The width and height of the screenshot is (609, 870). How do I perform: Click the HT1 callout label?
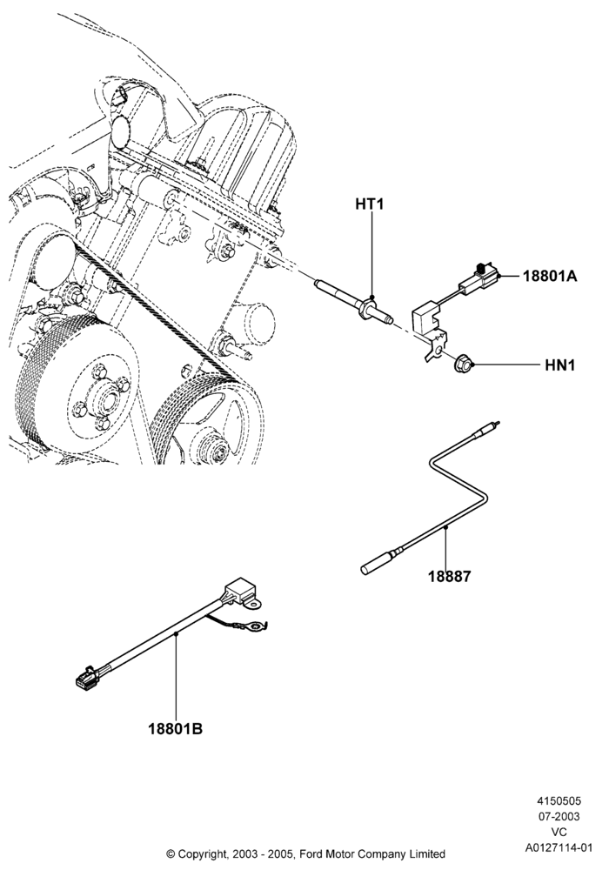coord(370,204)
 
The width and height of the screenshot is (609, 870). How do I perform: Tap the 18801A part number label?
coord(550,276)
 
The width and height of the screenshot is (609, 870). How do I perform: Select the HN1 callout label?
coord(560,365)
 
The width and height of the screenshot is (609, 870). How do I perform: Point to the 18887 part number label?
coord(449,577)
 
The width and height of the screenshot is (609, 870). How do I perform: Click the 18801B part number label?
coord(175,728)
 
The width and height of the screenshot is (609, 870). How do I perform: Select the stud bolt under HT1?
coord(353,302)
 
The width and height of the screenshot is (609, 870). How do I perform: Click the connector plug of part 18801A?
coord(481,278)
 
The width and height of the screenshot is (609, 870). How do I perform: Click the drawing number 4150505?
coord(559,801)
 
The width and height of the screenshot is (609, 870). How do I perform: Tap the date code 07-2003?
coord(559,817)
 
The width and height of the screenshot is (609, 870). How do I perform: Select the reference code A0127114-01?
coord(559,847)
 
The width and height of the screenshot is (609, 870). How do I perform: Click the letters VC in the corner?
coord(559,833)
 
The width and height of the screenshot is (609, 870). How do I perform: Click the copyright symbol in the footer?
coord(171,854)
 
